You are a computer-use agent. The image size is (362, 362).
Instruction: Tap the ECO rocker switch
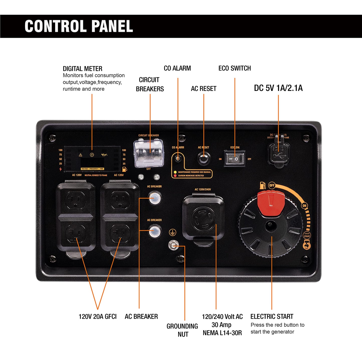pyautogui.click(x=234, y=159)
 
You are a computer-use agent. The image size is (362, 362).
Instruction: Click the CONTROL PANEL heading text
pyautogui.click(x=79, y=26)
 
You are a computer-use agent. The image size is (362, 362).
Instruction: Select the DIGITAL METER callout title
pyautogui.click(x=82, y=69)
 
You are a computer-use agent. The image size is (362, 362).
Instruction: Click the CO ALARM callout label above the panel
pyautogui.click(x=177, y=68)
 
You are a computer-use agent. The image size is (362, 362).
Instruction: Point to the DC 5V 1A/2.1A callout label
pyautogui.click(x=278, y=88)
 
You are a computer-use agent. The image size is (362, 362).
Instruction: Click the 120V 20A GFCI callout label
pyautogui.click(x=97, y=316)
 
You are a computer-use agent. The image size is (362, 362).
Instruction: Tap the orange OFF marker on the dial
pyautogui.click(x=272, y=185)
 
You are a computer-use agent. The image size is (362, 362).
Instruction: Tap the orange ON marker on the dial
pyautogui.click(x=304, y=206)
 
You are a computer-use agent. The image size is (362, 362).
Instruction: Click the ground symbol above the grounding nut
pyautogui.click(x=172, y=232)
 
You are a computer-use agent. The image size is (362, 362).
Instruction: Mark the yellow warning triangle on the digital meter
pyautogui.click(x=80, y=155)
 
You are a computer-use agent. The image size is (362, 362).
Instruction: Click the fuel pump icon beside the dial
pyautogui.click(x=263, y=186)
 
